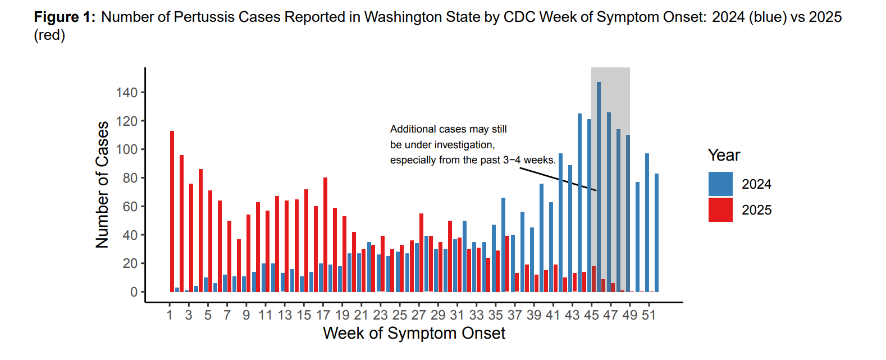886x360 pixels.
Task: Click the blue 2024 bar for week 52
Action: [656, 233]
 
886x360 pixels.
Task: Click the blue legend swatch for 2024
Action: [720, 184]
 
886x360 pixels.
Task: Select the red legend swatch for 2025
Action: [720, 209]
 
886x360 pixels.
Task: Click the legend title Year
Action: [724, 155]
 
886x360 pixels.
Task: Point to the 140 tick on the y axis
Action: [127, 93]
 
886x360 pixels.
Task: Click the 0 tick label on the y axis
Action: [134, 292]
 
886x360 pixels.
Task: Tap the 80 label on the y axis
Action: [130, 178]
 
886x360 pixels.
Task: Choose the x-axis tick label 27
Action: [419, 315]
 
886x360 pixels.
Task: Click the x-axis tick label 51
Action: [648, 315]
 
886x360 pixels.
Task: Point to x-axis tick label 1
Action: [170, 315]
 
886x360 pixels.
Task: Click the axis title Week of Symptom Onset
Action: [414, 333]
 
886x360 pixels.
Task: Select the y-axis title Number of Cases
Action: [102, 184]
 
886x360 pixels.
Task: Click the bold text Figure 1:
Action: [65, 17]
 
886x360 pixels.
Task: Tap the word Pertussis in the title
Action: [200, 17]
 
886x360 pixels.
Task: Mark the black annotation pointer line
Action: [558, 179]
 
